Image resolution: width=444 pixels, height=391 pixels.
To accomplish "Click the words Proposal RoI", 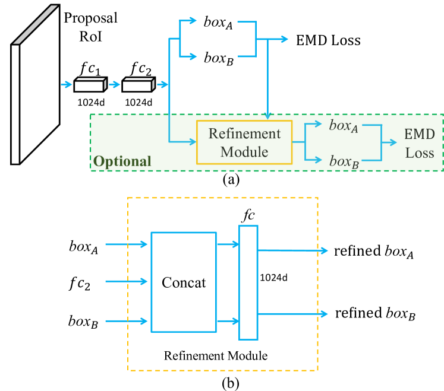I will (x=90, y=26).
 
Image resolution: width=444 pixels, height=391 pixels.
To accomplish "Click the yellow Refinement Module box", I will (x=244, y=143).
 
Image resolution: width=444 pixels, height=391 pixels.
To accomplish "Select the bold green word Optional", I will (x=122, y=161).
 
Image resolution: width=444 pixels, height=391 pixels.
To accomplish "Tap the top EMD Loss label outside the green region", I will (x=329, y=41).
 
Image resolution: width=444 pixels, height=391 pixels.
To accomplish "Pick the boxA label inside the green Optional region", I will (x=344, y=126).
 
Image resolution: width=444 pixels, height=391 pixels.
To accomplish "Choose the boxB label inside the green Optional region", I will (x=344, y=161).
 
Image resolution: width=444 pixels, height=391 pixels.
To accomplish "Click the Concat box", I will (x=184, y=282).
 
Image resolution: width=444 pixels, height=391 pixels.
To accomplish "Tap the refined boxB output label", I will (x=374, y=313).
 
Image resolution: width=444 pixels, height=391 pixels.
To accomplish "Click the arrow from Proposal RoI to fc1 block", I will (x=66, y=85).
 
